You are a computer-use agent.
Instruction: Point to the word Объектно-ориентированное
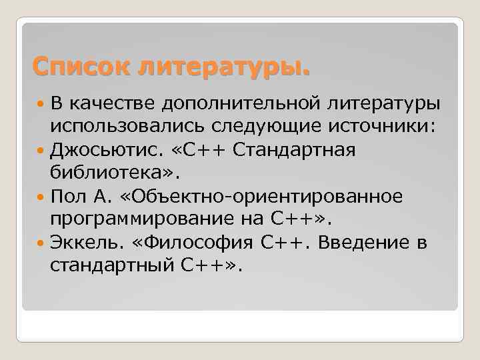click(x=256, y=197)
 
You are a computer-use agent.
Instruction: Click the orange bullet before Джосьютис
click(x=41, y=150)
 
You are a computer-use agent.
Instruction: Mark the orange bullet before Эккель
click(x=41, y=243)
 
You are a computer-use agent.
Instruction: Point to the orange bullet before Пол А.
click(x=41, y=197)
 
